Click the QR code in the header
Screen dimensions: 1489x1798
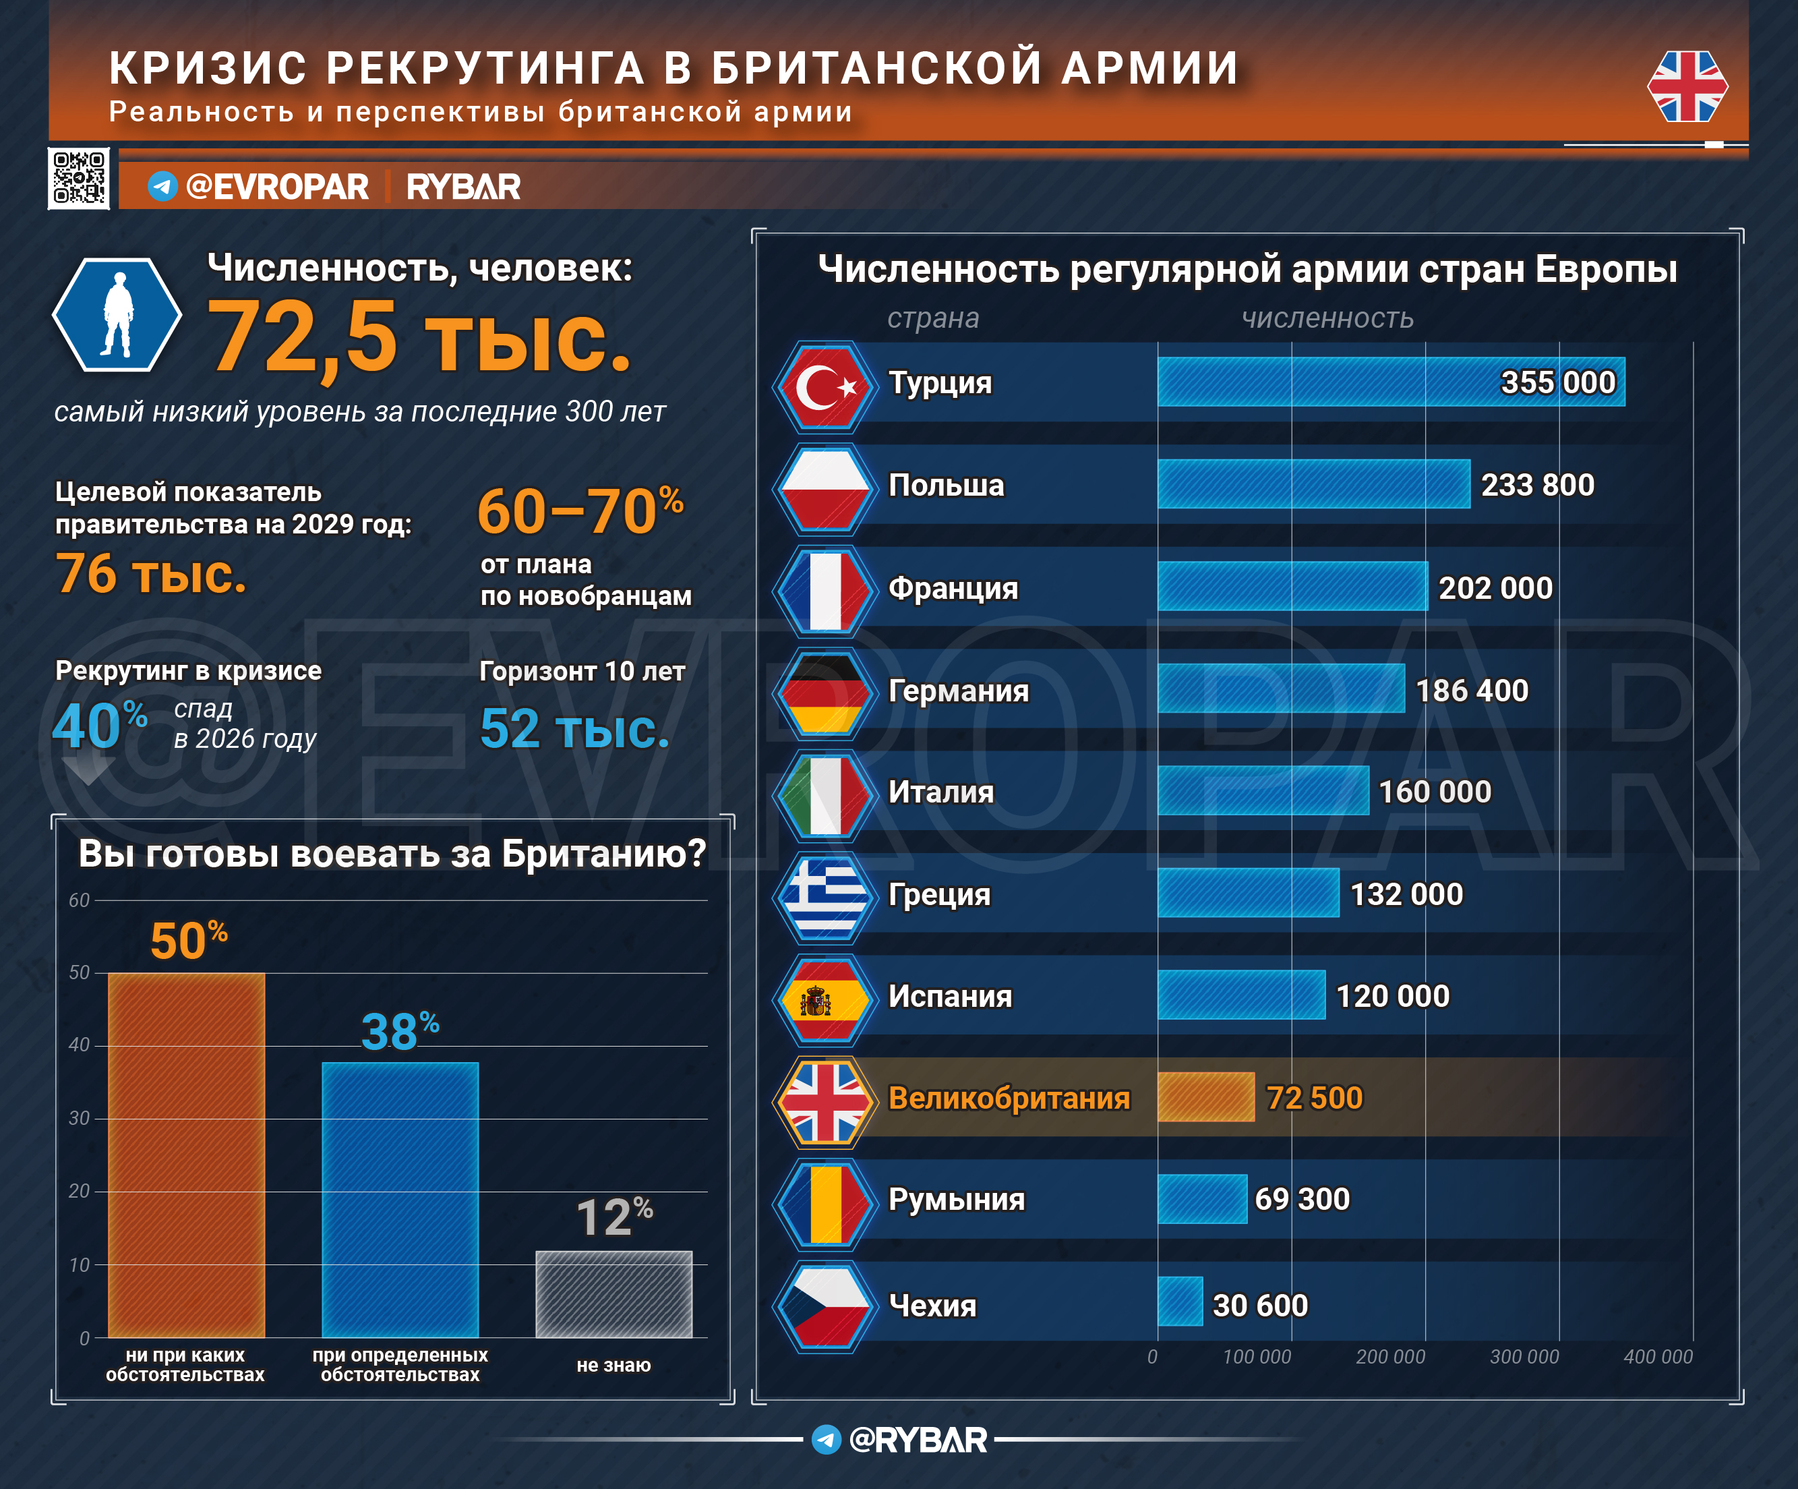[79, 178]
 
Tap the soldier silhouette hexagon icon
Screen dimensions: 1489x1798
[117, 314]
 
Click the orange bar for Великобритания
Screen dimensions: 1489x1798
[1205, 1097]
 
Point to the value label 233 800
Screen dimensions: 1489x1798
[1537, 485]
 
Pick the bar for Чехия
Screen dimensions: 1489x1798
[1180, 1302]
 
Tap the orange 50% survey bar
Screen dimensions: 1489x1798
[186, 1155]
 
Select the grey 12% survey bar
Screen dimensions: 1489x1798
[614, 1294]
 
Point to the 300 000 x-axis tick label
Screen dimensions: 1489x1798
[1524, 1356]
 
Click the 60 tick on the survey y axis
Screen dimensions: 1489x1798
[79, 900]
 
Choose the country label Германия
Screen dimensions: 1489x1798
[958, 690]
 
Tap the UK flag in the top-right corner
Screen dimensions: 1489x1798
[1687, 86]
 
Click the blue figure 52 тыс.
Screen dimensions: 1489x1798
[574, 729]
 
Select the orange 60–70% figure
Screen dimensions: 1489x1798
[580, 511]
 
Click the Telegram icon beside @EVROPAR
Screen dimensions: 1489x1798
[162, 186]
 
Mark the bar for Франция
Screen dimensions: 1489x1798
[1292, 587]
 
